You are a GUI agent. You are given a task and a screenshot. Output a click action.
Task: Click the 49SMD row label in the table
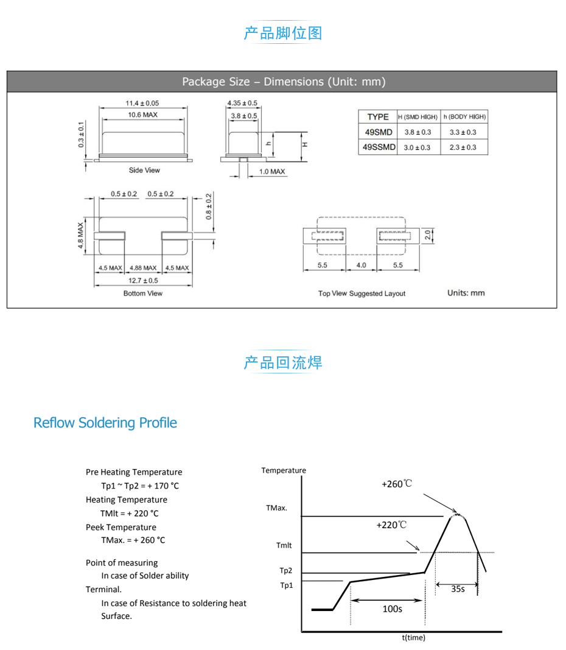click(x=377, y=132)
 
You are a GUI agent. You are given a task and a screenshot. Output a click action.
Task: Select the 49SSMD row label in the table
click(x=379, y=147)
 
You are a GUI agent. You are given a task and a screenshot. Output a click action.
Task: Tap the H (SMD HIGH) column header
click(x=418, y=117)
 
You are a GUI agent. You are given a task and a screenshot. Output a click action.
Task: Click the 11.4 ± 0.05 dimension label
click(x=142, y=104)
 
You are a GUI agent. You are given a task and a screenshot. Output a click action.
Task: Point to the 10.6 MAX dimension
click(x=142, y=115)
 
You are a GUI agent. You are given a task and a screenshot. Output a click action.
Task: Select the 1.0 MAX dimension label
click(x=272, y=172)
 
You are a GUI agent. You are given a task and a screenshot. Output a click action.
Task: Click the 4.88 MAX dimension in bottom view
click(x=143, y=268)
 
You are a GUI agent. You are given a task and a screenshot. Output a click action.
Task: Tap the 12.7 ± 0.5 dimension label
click(x=142, y=281)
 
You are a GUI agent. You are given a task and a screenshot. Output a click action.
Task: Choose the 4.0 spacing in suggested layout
click(x=362, y=266)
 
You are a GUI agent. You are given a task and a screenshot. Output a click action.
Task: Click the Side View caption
click(x=144, y=171)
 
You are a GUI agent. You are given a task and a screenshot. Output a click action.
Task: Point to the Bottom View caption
click(x=142, y=294)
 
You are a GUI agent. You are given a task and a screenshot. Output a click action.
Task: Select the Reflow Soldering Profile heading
click(x=105, y=423)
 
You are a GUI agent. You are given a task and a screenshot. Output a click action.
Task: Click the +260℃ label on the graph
click(x=397, y=484)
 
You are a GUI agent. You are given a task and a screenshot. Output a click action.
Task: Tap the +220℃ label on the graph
click(x=391, y=525)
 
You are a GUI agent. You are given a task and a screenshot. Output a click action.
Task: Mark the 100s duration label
click(x=392, y=609)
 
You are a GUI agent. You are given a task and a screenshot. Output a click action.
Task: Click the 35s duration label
click(x=458, y=589)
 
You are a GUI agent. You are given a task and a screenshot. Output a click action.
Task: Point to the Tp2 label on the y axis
click(x=286, y=571)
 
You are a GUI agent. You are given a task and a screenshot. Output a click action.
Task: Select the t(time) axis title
click(x=414, y=638)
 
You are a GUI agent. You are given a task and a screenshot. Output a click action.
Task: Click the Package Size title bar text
click(x=284, y=82)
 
